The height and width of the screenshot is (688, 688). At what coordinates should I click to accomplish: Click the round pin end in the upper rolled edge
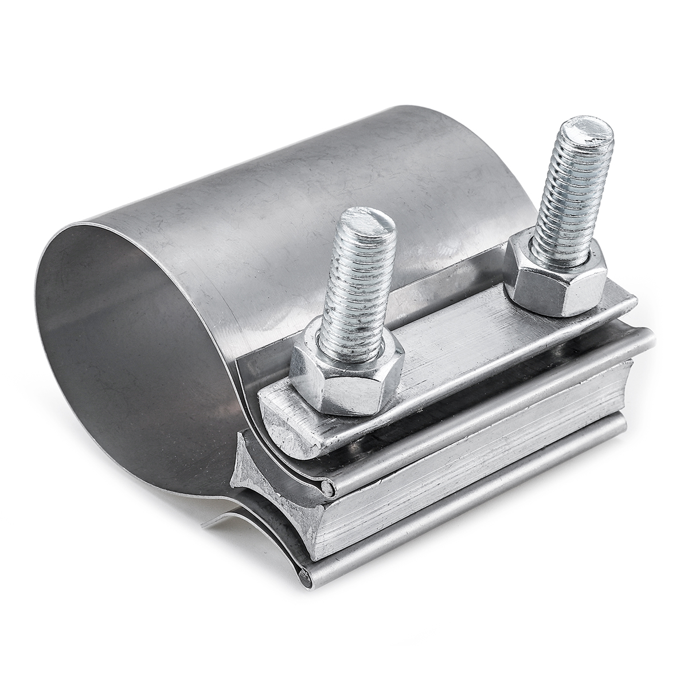pos(326,488)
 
